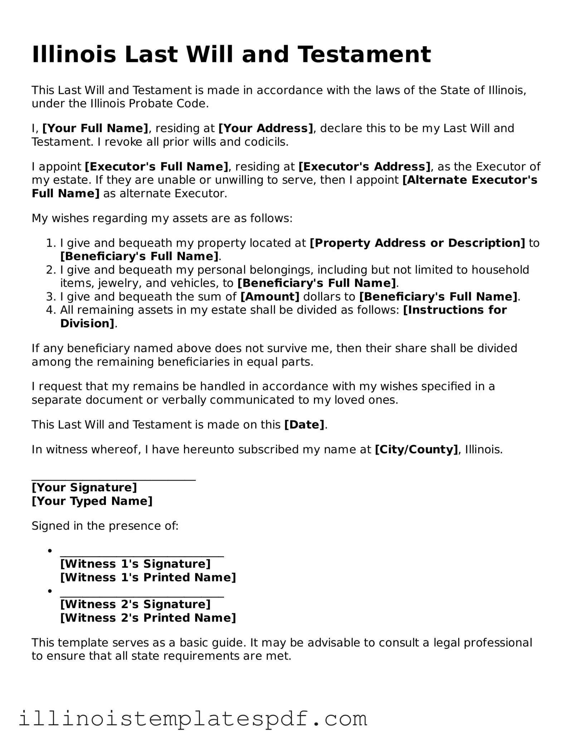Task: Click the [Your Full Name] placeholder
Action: click(95, 128)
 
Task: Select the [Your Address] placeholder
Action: click(266, 128)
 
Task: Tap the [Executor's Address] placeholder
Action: click(364, 167)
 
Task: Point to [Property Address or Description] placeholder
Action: click(417, 243)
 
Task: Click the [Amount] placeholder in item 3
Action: click(270, 297)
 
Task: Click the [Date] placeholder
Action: click(304, 425)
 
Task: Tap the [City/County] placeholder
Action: click(416, 449)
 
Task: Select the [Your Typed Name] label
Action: click(92, 501)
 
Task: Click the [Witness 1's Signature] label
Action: click(135, 564)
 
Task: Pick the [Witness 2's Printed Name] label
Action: click(148, 618)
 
